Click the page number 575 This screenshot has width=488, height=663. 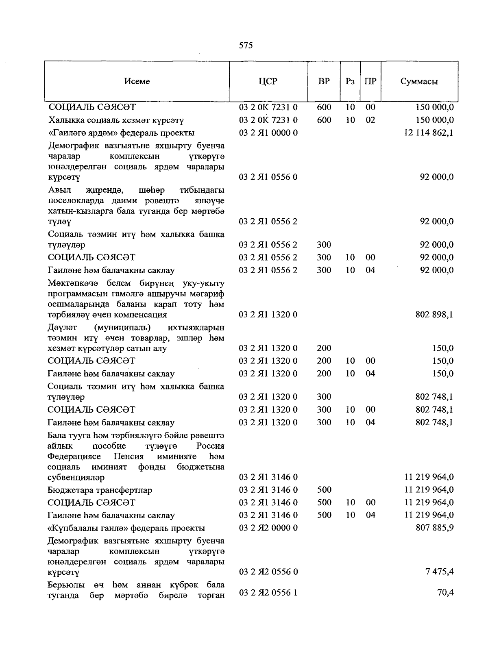(x=246, y=46)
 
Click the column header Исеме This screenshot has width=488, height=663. (x=137, y=81)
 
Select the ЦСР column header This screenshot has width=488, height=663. (x=268, y=81)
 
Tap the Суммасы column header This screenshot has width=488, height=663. (x=419, y=81)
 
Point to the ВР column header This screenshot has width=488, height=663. (x=324, y=81)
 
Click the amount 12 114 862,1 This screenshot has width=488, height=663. (x=429, y=133)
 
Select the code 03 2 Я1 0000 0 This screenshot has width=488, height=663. (x=268, y=133)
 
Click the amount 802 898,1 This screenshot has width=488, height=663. (x=434, y=315)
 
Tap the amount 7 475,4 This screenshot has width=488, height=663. (x=440, y=572)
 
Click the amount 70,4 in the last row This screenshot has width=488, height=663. (x=445, y=593)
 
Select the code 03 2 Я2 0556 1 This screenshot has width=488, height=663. (x=268, y=593)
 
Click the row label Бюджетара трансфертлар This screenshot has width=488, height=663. (x=100, y=490)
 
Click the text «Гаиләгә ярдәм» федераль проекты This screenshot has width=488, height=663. (x=121, y=133)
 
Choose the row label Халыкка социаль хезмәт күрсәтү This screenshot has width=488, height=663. (x=116, y=120)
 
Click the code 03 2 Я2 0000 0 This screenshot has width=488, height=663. (x=268, y=528)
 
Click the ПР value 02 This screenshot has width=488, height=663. (x=370, y=120)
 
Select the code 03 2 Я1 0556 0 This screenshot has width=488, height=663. (x=268, y=177)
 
